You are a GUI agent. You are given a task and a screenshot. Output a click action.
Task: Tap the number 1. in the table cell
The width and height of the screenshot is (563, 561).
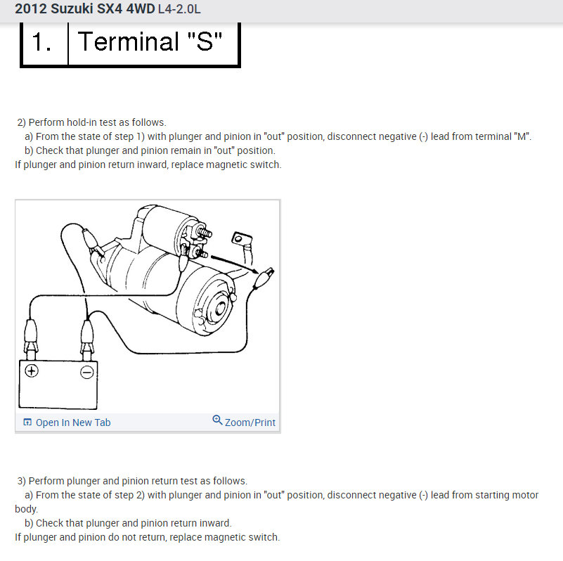pos(43,42)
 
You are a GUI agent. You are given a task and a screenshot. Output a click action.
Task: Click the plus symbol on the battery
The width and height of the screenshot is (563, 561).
pos(32,372)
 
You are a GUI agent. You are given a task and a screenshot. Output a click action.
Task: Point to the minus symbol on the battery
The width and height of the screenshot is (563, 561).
pos(86,372)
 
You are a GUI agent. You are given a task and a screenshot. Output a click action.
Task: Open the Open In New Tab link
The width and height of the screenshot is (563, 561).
pos(72,423)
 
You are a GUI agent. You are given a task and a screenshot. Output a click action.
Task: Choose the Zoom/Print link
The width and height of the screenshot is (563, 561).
pos(250,423)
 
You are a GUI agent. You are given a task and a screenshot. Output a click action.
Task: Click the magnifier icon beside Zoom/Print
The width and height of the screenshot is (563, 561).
pos(217,420)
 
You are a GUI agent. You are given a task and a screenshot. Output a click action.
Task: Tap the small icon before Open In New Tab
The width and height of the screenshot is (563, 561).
pos(27,423)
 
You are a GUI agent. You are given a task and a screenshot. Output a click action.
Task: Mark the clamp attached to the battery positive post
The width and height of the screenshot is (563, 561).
pos(32,335)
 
